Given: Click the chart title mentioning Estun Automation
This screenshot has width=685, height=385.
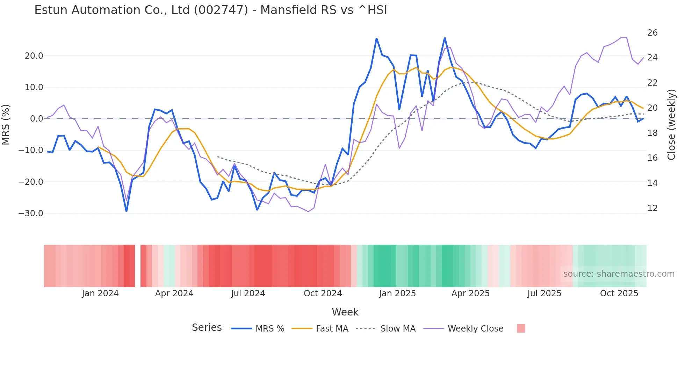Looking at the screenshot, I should pos(210,10).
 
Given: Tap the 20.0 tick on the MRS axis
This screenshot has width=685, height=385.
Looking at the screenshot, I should pos(34,56).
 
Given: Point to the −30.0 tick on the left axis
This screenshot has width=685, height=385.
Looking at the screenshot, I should pos(31,213).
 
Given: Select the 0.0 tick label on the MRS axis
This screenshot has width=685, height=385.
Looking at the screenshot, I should pos(36,119).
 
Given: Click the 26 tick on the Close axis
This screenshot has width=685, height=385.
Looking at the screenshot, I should pos(652,33).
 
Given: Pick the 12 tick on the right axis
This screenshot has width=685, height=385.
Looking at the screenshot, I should pos(652,208).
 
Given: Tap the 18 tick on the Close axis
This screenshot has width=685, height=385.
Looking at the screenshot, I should pos(652,133).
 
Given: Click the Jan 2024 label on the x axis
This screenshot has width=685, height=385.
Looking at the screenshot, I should pos(100,293).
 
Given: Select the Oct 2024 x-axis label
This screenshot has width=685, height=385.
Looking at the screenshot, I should pos(323,293).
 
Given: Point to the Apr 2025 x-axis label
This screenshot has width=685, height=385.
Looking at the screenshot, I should pos(470,293).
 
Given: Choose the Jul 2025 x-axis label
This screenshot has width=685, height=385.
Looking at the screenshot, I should pos(544,293).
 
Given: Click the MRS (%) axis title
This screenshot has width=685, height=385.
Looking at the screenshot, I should pos(6,124).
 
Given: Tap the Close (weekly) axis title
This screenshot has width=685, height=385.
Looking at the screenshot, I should pos(671,124).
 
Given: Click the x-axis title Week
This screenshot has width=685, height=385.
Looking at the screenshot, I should pos(345,312).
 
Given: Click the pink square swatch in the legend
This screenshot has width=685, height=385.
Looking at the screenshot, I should pos(521,328).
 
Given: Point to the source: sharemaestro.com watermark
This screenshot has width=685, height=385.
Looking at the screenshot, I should pos(619,274).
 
